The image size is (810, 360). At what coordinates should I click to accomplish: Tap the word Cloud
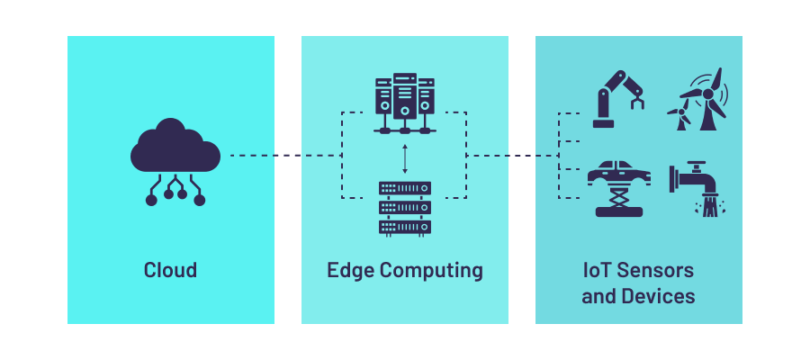click(170, 270)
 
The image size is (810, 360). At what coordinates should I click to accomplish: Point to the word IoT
click(598, 270)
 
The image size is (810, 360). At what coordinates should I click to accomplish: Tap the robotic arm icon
click(619, 96)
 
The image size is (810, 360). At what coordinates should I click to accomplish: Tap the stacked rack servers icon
click(404, 208)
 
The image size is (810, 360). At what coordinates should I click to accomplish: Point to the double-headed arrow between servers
click(405, 157)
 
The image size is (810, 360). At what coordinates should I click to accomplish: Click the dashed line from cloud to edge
click(283, 156)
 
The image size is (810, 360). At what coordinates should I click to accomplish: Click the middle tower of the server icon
click(405, 94)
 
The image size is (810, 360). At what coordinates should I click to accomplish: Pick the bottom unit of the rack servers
click(404, 226)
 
